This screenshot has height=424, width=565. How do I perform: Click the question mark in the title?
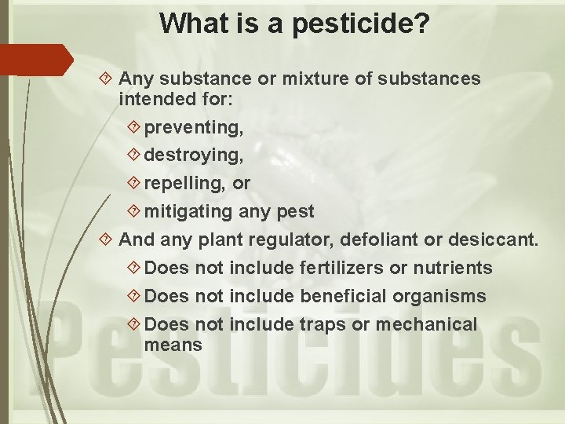tap(421, 24)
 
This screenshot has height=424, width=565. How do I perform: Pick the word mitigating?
tap(188, 211)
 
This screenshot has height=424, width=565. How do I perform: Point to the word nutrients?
tap(452, 268)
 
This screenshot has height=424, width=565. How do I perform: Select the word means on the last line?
tap(173, 345)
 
